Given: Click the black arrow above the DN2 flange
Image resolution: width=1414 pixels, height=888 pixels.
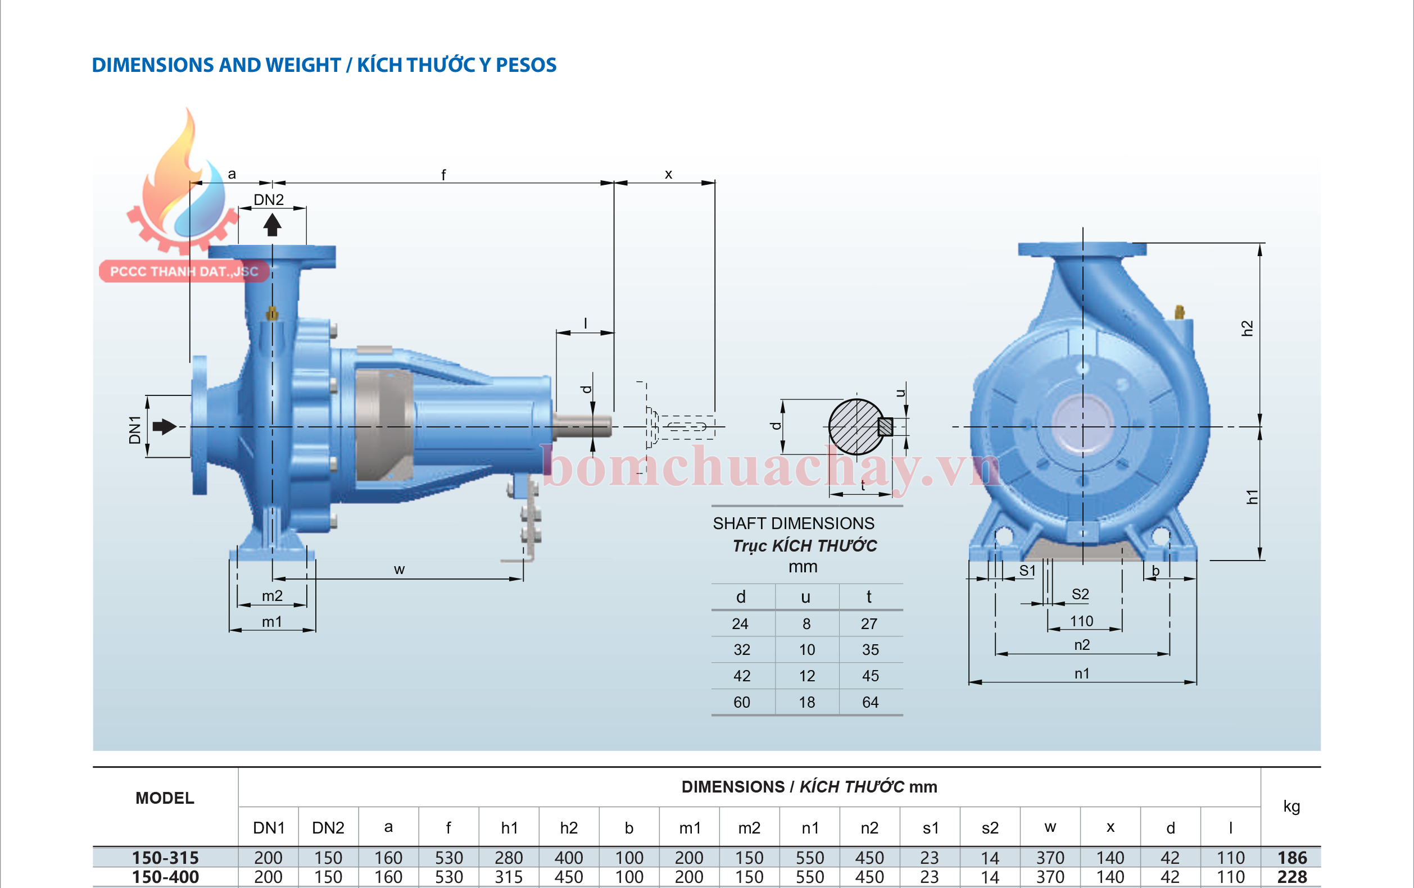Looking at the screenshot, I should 272,225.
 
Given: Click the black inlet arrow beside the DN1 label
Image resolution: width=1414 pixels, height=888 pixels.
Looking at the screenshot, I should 165,427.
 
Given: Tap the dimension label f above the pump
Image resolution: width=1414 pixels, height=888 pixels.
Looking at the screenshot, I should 443,174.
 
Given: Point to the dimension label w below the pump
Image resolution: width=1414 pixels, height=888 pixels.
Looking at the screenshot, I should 399,569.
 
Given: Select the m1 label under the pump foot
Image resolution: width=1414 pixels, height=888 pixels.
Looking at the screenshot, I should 272,622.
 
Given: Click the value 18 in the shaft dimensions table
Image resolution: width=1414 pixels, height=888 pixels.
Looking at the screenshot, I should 807,702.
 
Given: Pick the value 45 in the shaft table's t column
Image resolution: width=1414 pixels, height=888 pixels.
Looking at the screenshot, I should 870,676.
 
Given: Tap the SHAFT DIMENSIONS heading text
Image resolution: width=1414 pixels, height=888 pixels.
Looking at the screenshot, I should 794,523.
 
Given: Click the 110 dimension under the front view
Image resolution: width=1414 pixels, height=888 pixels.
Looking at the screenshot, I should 1081,621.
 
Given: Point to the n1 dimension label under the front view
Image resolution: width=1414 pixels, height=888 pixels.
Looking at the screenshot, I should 1082,673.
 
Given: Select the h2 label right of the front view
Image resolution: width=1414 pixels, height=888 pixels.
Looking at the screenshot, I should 1247,328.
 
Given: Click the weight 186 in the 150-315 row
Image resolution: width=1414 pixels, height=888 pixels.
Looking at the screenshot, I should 1292,858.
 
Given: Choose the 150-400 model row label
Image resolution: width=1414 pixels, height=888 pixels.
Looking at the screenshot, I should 165,877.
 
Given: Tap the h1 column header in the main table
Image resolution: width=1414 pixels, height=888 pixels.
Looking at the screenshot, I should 509,827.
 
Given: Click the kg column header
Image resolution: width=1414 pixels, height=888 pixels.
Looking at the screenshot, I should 1291,806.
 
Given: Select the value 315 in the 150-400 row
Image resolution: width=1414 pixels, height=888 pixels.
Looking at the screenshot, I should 509,877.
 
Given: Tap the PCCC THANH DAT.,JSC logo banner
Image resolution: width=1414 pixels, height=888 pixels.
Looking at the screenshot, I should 184,271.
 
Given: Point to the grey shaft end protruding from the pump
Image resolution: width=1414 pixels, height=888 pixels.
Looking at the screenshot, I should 581,426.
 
